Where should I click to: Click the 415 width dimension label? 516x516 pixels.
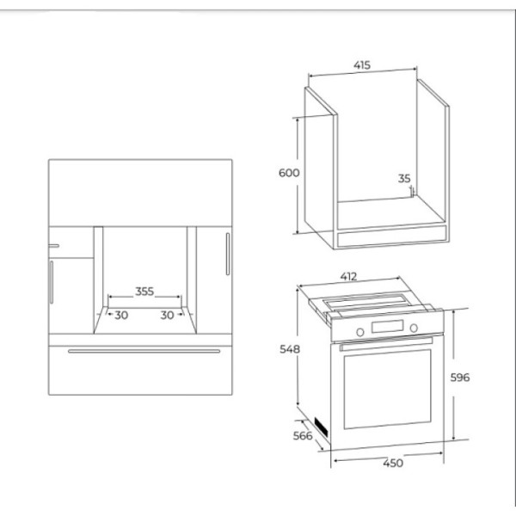click(362, 65)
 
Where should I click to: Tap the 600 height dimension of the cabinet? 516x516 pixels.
click(289, 173)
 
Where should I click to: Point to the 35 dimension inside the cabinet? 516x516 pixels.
click(404, 178)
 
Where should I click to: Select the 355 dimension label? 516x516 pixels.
click(144, 292)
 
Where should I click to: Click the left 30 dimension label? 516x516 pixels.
click(121, 316)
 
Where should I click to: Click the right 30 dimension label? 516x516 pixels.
click(167, 316)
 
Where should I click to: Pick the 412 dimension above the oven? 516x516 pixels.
click(348, 276)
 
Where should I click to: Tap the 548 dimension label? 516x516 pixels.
click(290, 349)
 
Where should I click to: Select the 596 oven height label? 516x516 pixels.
click(460, 378)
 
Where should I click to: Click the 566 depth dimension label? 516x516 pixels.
click(303, 435)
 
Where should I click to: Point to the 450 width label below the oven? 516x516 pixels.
click(393, 463)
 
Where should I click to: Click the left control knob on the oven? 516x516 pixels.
click(360, 332)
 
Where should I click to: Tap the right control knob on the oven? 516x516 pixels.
click(414, 328)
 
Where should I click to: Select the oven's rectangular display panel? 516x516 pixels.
click(387, 326)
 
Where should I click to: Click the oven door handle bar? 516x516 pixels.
click(386, 343)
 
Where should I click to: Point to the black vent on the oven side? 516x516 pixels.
click(321, 426)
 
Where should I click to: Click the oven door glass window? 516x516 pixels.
click(387, 389)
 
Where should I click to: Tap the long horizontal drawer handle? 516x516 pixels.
click(144, 351)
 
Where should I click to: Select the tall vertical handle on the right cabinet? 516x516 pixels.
click(228, 254)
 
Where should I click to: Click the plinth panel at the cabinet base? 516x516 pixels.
click(391, 236)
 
